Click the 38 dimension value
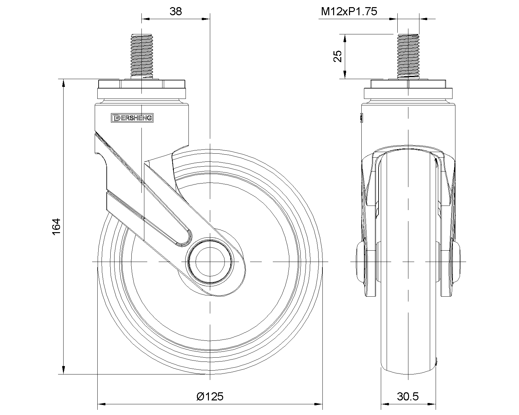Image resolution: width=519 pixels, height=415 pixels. tap(175, 11)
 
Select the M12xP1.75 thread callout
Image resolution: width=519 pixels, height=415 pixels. tap(349, 11)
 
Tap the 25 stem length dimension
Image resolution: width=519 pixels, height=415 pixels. tap(338, 56)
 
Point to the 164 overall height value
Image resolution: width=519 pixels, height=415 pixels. tap(56, 227)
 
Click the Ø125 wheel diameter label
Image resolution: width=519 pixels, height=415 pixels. tap(210, 397)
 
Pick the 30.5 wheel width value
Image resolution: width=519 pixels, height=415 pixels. tap(408, 397)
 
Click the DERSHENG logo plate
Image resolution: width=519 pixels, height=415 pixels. tap(132, 118)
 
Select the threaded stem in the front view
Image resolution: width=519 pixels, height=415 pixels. tap(408, 56)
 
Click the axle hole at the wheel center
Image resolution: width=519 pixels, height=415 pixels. tap(210, 262)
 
